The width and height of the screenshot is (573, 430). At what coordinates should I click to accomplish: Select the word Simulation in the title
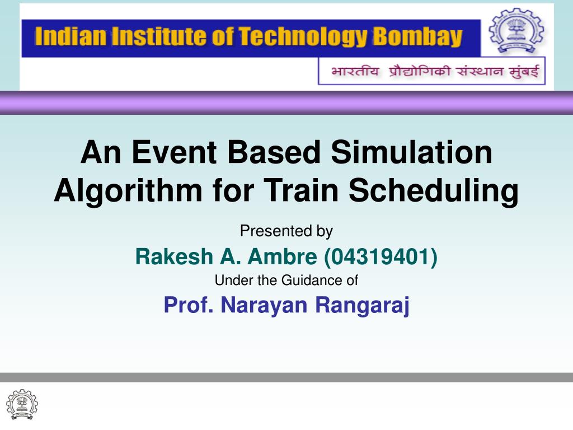click(x=412, y=153)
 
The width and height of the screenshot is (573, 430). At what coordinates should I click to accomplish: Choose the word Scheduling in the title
click(x=434, y=191)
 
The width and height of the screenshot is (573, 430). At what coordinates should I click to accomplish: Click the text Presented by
click(x=286, y=231)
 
